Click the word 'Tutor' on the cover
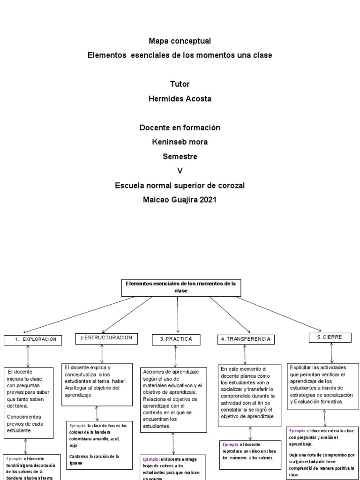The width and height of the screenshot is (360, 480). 180,84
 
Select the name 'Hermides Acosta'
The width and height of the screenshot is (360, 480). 180,99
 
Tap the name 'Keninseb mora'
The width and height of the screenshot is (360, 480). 180,142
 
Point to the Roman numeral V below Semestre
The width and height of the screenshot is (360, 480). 180,171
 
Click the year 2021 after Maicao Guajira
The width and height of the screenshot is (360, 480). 208,200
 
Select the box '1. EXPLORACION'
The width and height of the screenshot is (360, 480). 33,339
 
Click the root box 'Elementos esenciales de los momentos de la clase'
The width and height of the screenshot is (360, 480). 180,287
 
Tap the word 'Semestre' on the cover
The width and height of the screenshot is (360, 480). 180,156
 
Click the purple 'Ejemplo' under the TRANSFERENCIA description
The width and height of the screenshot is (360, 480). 231,444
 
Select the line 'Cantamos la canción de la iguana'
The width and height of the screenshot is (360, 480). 94,459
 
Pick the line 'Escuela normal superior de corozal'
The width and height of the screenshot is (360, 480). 180,186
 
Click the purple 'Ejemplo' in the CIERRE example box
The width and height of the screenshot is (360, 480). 297,430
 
